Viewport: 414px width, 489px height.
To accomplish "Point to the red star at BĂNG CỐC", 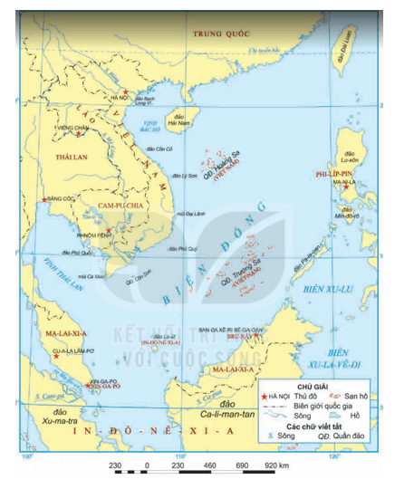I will coord(43,199).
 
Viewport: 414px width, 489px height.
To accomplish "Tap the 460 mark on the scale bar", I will coord(209,465).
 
